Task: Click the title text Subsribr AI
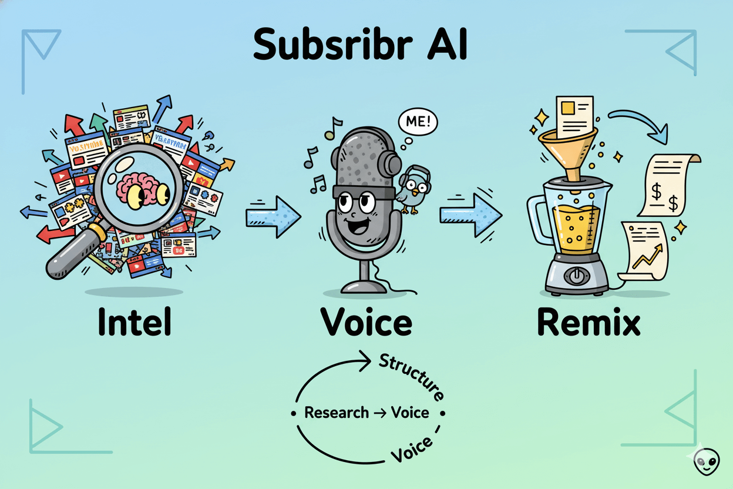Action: [x=360, y=44]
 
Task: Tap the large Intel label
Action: [x=135, y=323]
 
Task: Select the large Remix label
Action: [x=589, y=323]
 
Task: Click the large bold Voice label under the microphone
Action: [x=366, y=323]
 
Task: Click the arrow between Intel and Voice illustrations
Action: [x=273, y=216]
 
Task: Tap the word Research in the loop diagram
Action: [x=337, y=413]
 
